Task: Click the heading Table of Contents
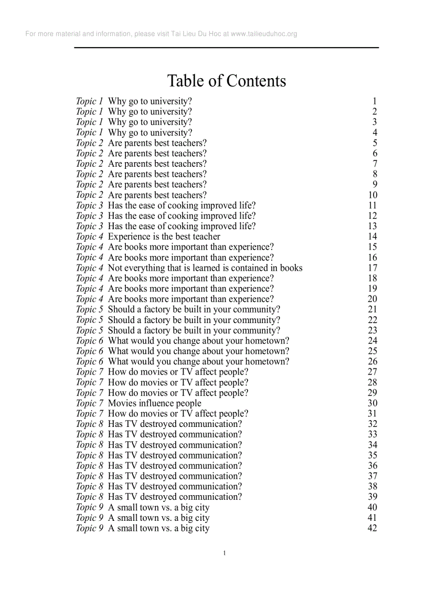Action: coord(227,81)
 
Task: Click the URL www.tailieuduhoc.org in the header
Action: coord(264,34)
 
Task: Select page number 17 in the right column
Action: coord(372,268)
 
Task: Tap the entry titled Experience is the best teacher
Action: coord(164,237)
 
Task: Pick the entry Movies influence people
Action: coord(154,403)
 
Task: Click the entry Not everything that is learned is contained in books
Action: coord(205,268)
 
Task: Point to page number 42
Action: coord(372,528)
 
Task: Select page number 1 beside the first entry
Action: coord(374,101)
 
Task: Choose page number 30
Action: coord(372,403)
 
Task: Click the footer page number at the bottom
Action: coord(224,553)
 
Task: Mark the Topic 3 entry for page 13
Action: coord(181,226)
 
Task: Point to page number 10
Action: coord(372,195)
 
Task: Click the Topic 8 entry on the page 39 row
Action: coord(175,497)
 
